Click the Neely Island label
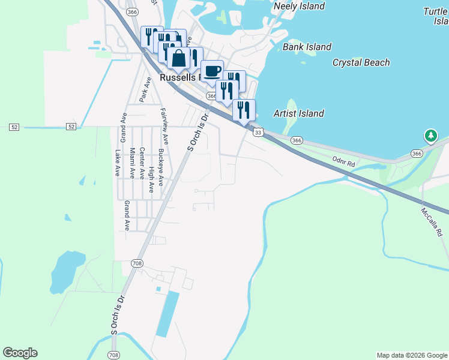(x=299, y=6)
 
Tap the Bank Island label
(x=307, y=47)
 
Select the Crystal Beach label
(x=361, y=62)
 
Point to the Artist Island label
(x=298, y=113)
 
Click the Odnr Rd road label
(x=343, y=160)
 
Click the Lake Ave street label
(x=118, y=163)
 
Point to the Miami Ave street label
(x=132, y=163)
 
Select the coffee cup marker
(x=211, y=71)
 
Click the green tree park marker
(x=430, y=136)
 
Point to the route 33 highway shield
(x=258, y=132)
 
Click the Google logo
(x=20, y=353)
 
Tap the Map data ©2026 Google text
(x=411, y=355)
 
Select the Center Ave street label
(x=142, y=164)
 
